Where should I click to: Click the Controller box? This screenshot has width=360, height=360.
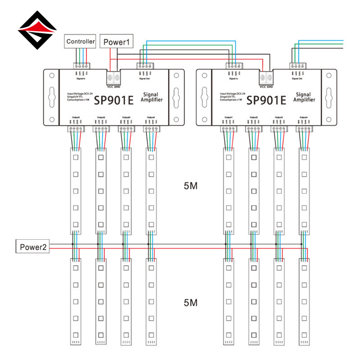tap(81, 42)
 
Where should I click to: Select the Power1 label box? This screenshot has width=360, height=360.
tap(117, 42)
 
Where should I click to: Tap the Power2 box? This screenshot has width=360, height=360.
tap(33, 247)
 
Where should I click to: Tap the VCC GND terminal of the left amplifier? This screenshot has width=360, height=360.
tap(114, 77)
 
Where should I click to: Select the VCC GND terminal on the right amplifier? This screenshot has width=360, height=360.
tap(266, 77)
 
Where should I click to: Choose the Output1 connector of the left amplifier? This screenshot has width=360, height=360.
tap(75, 128)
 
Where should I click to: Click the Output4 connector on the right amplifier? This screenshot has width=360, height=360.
tap(304, 128)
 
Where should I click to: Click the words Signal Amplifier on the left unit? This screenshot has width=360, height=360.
tap(153, 97)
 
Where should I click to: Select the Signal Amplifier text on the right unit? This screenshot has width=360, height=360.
tap(305, 97)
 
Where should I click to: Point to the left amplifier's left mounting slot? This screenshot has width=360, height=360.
tap(51, 98)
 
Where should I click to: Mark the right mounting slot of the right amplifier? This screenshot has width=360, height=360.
tap(329, 98)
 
